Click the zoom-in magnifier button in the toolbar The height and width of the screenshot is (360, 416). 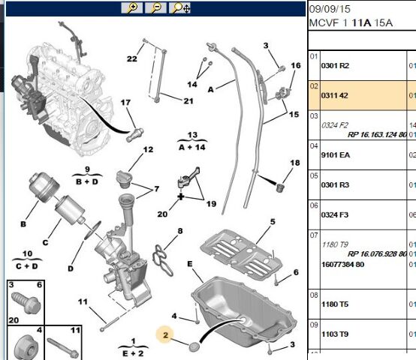132,8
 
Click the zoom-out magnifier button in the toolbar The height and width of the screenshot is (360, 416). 155,8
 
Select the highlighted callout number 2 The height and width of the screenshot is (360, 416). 165,335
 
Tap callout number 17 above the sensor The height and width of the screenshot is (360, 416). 125,103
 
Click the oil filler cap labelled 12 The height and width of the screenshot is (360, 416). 124,179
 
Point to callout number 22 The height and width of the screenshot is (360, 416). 132,58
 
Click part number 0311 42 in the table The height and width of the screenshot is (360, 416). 334,95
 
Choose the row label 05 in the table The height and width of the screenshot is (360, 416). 314,176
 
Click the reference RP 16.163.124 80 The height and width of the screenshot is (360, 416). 377,135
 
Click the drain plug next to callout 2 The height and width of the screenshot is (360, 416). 194,346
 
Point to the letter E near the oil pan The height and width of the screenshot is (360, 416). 190,264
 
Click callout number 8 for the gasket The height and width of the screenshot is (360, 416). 180,231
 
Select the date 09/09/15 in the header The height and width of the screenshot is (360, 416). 330,9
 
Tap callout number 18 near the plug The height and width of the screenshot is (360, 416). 295,163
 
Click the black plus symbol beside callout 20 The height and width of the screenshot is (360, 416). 181,196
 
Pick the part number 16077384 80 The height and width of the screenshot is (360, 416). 342,264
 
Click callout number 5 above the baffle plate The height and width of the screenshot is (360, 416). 273,221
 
